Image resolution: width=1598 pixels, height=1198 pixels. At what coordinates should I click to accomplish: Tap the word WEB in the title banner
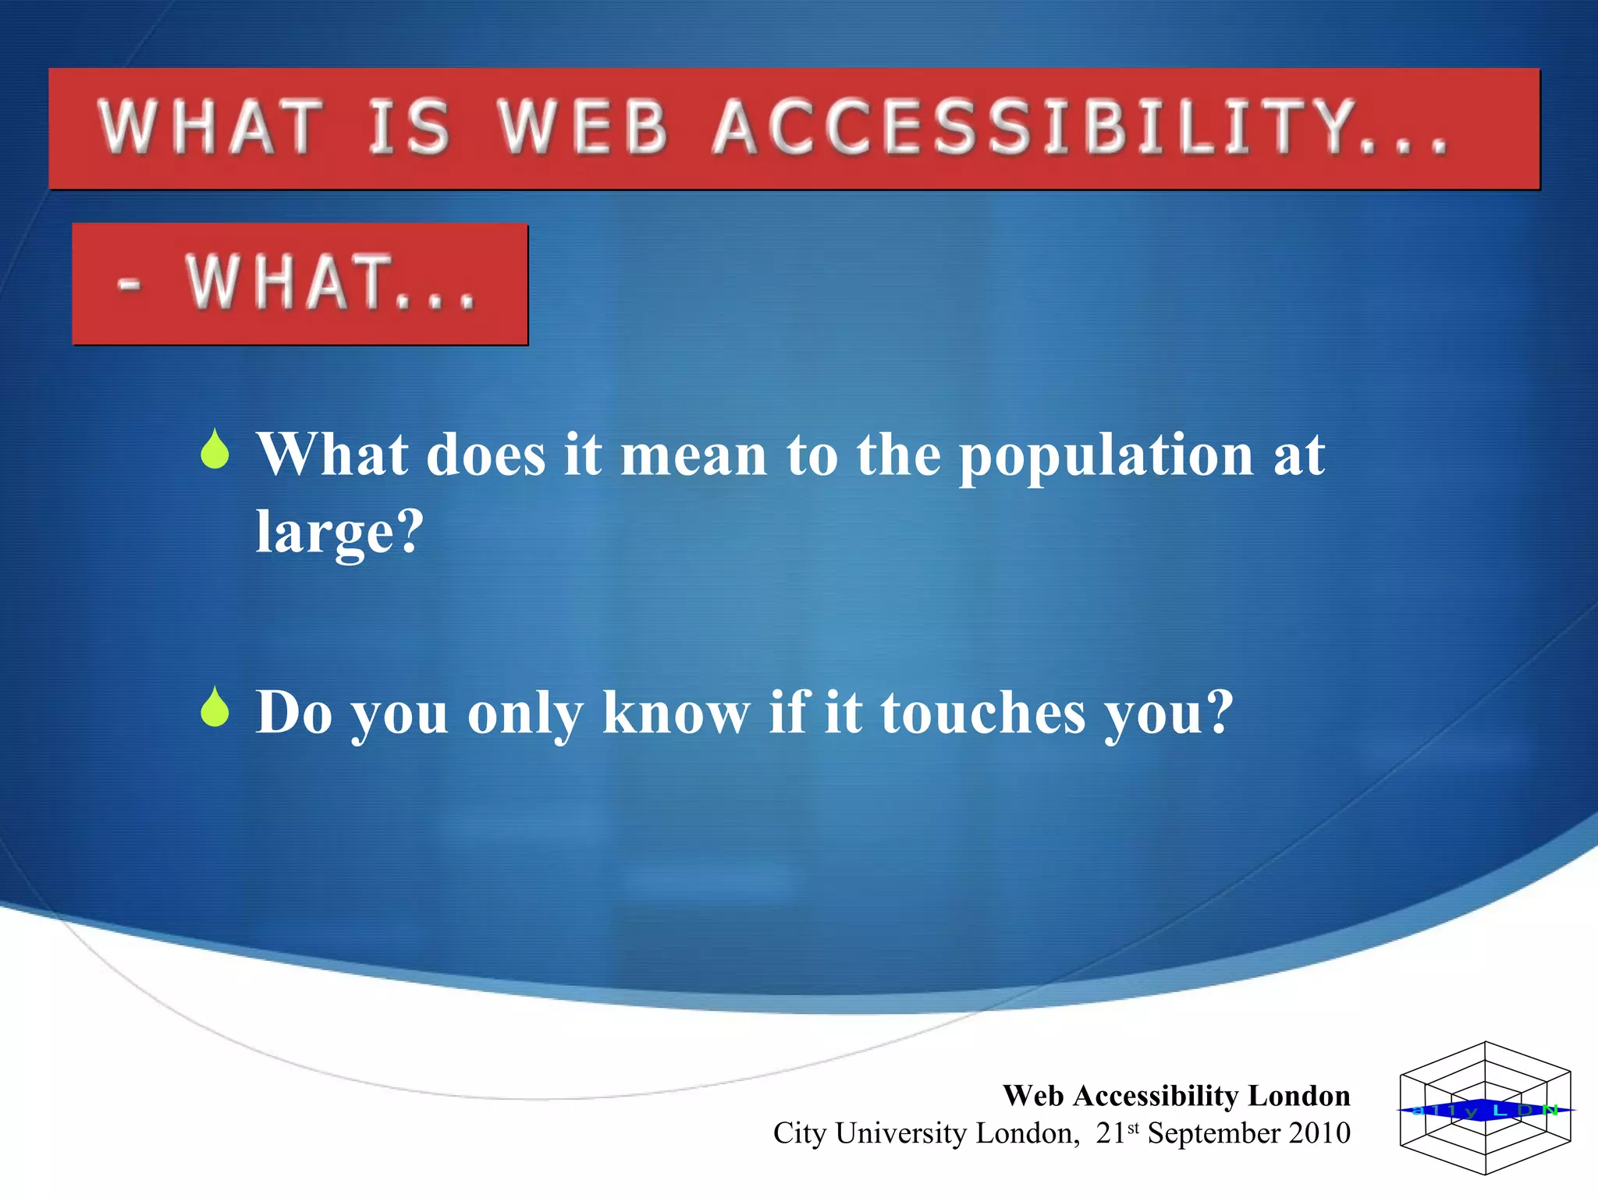point(584,127)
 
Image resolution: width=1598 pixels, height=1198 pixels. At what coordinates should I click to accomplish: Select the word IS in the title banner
point(409,127)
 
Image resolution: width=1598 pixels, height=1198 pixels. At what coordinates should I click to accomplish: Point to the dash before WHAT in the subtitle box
point(130,284)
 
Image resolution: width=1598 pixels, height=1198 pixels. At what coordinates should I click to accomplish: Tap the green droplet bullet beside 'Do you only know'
point(215,707)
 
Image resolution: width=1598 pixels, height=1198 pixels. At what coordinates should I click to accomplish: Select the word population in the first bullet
point(1106,456)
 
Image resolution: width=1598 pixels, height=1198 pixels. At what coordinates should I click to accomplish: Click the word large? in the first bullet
point(339,532)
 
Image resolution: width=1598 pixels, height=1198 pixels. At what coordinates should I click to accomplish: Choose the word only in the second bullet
point(524,714)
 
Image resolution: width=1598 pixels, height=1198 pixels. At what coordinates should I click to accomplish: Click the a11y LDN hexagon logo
point(1485,1108)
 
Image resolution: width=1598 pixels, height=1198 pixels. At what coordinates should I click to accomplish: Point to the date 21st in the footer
point(1116,1132)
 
